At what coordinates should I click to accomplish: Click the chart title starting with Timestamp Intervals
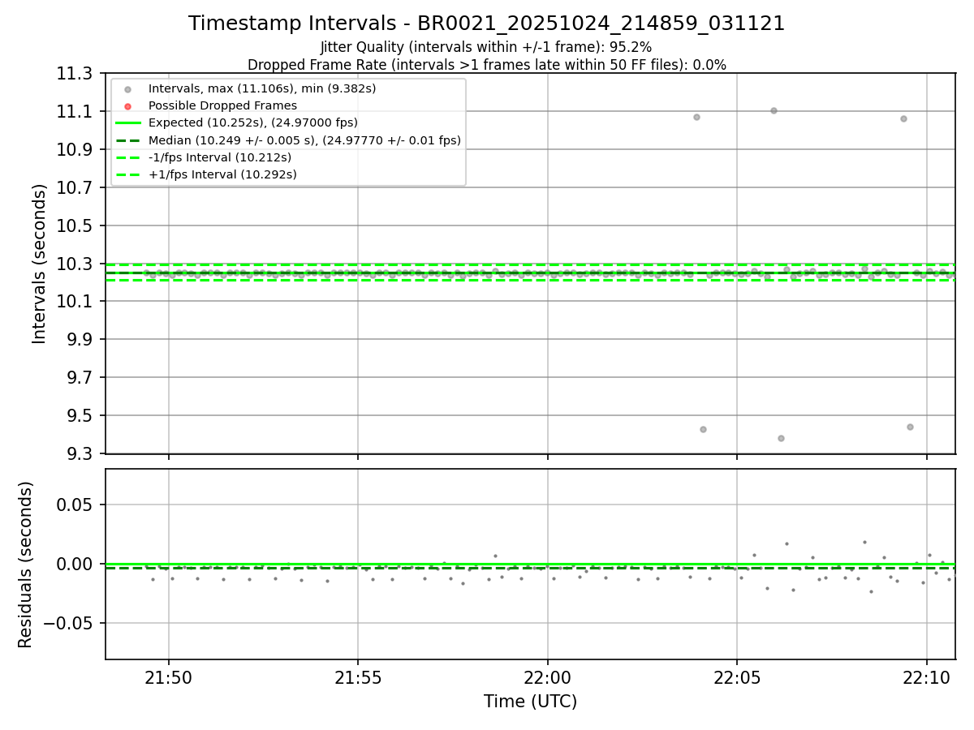pyautogui.click(x=486, y=24)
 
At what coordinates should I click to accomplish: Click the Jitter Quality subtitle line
pyautogui.click(x=486, y=47)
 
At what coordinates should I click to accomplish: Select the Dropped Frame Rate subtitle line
pyautogui.click(x=486, y=65)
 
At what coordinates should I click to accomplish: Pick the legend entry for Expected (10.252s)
pyautogui.click(x=252, y=122)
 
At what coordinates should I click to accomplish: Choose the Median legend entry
pyautogui.click(x=304, y=140)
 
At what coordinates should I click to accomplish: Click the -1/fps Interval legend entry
pyautogui.click(x=220, y=157)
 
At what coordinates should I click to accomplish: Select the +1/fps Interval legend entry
pyautogui.click(x=222, y=174)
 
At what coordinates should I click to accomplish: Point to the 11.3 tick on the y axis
pyautogui.click(x=74, y=74)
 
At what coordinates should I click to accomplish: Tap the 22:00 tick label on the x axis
pyautogui.click(x=547, y=676)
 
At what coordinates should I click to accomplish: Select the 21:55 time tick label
pyautogui.click(x=358, y=676)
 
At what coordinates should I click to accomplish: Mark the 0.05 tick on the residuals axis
pyautogui.click(x=75, y=505)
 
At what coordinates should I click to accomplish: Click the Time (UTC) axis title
pyautogui.click(x=530, y=702)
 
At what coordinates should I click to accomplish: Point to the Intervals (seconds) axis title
pyautogui.click(x=40, y=264)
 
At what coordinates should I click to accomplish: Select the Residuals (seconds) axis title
pyautogui.click(x=26, y=565)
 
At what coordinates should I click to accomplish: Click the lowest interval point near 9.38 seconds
pyautogui.click(x=781, y=438)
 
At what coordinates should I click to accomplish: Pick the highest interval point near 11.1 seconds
pyautogui.click(x=774, y=110)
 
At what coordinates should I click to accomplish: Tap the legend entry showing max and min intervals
pyautogui.click(x=261, y=88)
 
